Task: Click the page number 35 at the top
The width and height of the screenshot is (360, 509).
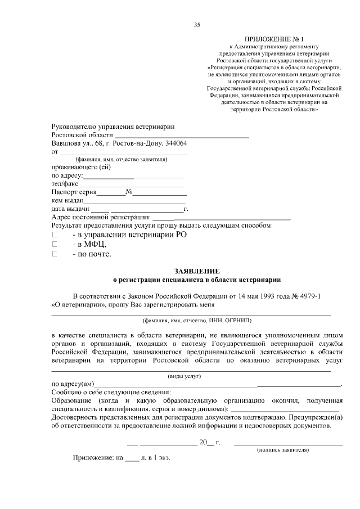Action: pos(197,24)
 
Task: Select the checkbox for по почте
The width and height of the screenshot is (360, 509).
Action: pos(55,254)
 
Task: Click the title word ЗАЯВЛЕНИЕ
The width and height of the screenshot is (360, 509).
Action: pos(196,271)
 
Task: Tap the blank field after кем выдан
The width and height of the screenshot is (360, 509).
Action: pos(134,200)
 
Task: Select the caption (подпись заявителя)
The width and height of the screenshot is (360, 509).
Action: pos(283,450)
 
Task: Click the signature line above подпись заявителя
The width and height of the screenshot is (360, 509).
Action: pos(288,444)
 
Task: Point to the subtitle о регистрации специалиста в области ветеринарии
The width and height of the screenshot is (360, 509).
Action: pos(196,279)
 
